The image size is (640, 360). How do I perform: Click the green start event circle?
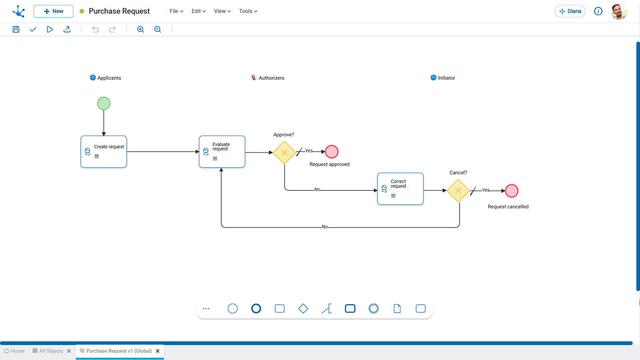tap(104, 103)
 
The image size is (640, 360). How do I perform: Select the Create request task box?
tap(104, 152)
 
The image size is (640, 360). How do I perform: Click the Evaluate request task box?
tap(222, 152)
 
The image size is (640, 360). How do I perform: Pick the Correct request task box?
tap(400, 189)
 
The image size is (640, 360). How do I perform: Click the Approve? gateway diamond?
tap(284, 153)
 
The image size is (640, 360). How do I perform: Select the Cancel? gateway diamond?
tap(458, 191)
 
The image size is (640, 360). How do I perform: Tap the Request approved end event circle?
tap(332, 152)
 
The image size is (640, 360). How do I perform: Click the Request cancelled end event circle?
tap(512, 191)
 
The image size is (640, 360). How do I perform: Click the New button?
tap(53, 11)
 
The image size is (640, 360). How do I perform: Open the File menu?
tap(176, 11)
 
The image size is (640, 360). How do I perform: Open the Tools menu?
tap(248, 11)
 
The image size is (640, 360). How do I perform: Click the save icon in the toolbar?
tap(16, 29)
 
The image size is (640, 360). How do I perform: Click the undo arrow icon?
tap(95, 29)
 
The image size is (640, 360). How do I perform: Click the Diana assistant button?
tap(570, 11)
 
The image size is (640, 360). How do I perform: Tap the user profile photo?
tap(619, 11)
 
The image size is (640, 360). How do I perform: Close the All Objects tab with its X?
tap(69, 351)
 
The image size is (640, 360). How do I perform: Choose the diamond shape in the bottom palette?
tap(303, 309)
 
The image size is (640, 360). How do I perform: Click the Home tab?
tap(14, 351)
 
